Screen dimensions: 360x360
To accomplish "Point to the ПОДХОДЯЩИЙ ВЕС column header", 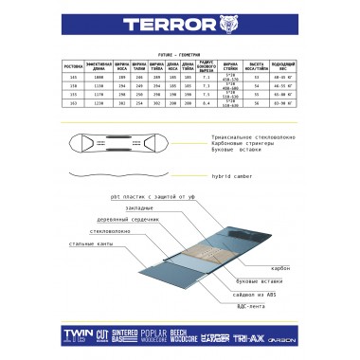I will pos(283,67).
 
